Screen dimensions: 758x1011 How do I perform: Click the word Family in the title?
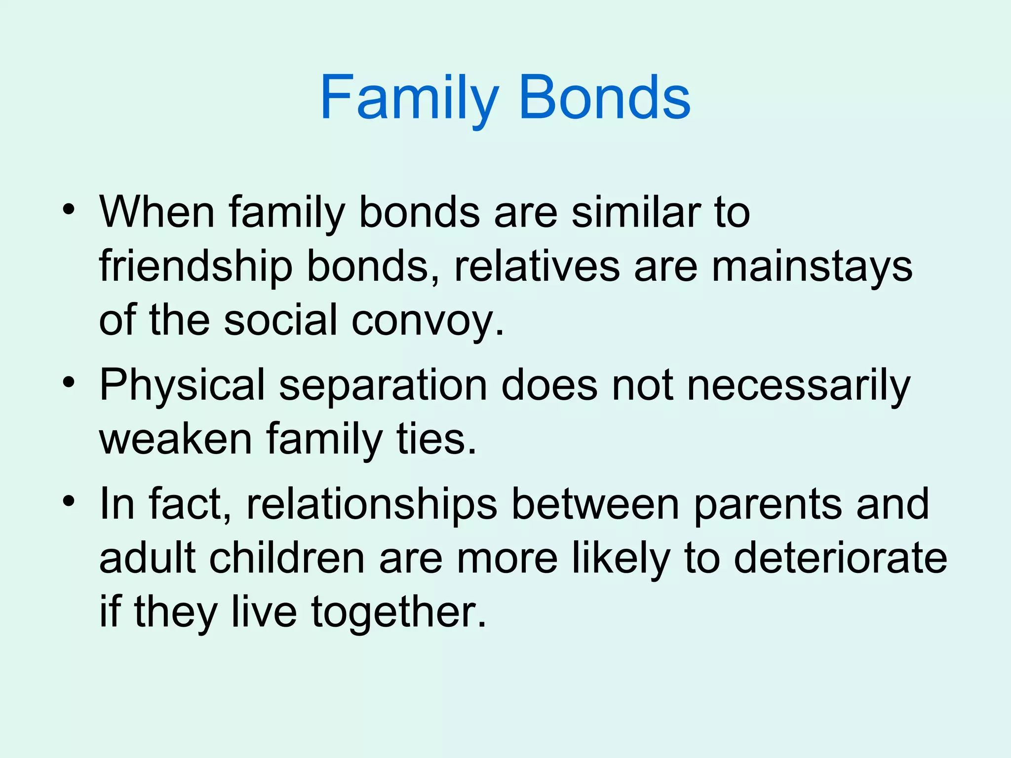[409, 99]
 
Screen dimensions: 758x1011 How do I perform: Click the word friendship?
[195, 267]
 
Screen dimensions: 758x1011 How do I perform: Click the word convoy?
[428, 322]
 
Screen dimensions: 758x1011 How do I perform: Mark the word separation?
[383, 386]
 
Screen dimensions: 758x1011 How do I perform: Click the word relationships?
[371, 504]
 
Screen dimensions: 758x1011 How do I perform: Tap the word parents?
[767, 504]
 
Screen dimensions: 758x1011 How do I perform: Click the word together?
[398, 613]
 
